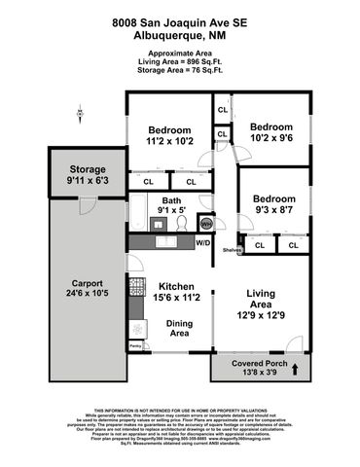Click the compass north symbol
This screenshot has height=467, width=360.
tap(79, 115)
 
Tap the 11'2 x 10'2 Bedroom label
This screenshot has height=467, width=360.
tap(168, 135)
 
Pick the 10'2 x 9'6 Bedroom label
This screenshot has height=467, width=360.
tap(270, 132)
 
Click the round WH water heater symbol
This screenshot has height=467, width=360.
tap(205, 222)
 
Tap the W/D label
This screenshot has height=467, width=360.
tap(202, 243)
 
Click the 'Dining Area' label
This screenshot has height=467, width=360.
tap(178, 328)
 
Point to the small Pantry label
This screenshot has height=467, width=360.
tap(135, 346)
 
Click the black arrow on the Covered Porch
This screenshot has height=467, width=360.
tap(296, 368)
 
